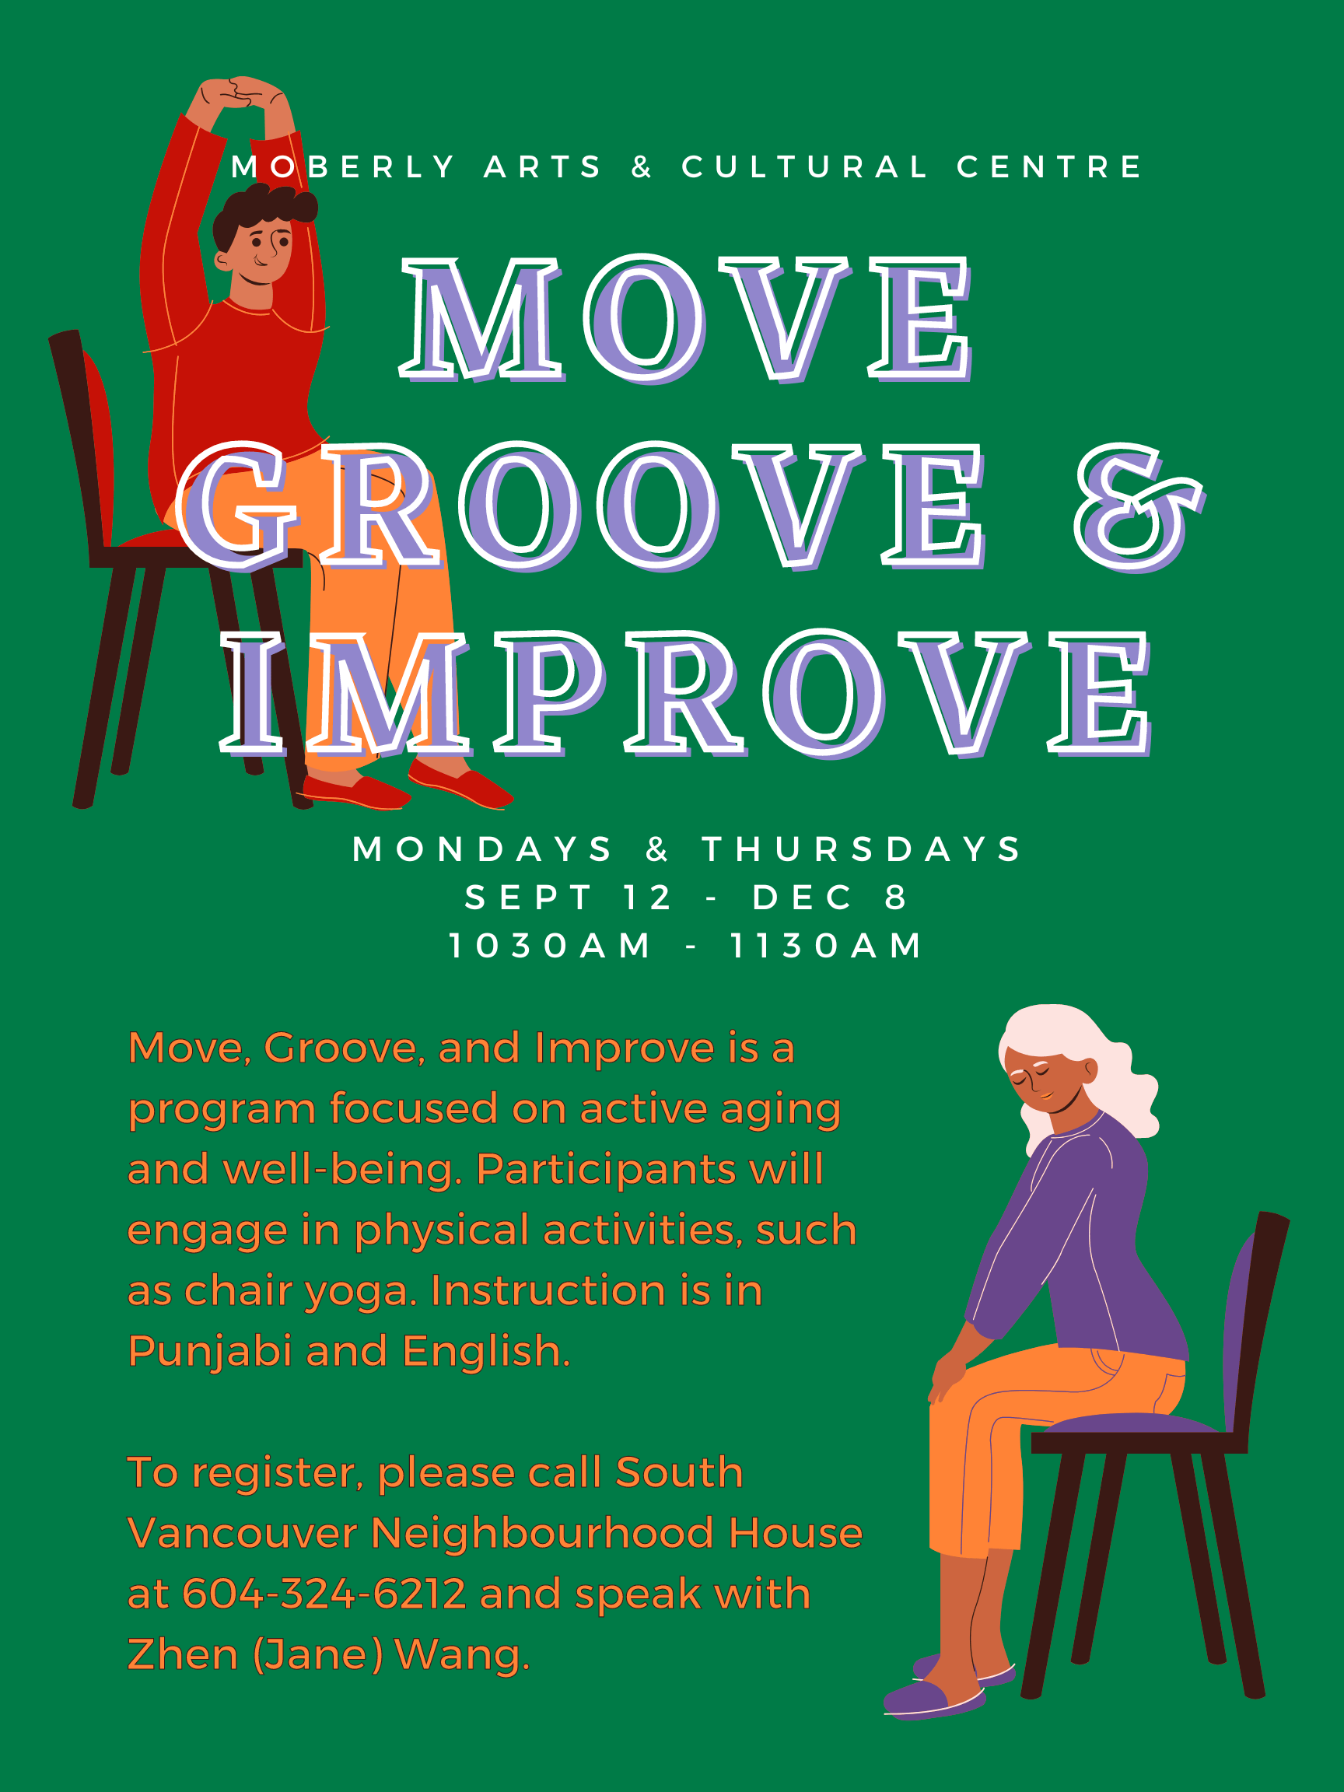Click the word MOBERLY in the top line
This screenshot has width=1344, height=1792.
pos(344,167)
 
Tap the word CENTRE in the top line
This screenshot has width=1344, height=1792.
pos(1049,167)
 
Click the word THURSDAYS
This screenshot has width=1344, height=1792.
pos(862,849)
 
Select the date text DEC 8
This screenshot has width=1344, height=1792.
pos(831,897)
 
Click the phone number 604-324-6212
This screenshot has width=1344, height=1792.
pos(324,1594)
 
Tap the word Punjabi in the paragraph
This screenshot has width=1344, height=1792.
pos(210,1351)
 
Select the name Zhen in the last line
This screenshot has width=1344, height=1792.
pos(182,1654)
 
